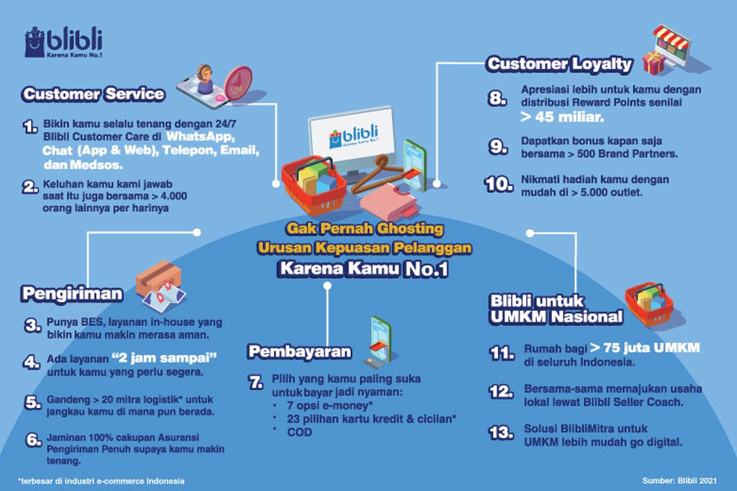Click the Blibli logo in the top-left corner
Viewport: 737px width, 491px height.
pyautogui.click(x=63, y=42)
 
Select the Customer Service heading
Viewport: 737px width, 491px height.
pyautogui.click(x=93, y=94)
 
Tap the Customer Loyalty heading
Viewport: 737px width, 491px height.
pyautogui.click(x=559, y=63)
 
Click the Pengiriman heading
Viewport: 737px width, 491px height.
pyautogui.click(x=72, y=293)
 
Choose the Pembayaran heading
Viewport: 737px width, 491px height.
pyautogui.click(x=300, y=351)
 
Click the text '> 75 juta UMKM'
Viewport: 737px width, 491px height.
pyautogui.click(x=645, y=349)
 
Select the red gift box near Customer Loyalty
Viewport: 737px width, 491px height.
pyautogui.click(x=655, y=63)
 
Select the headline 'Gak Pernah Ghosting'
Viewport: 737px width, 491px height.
pyautogui.click(x=364, y=229)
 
